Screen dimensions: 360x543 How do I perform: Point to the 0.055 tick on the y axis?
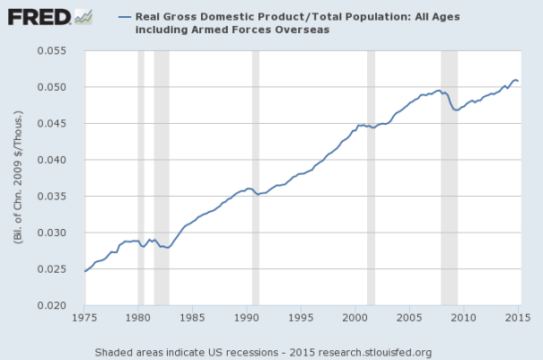tap(57, 50)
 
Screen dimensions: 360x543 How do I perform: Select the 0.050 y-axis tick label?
tap(57, 87)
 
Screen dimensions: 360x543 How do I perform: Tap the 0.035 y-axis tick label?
tap(57, 197)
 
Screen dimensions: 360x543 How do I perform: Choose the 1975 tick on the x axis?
tap(84, 318)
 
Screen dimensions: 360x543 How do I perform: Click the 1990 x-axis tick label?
tap(247, 318)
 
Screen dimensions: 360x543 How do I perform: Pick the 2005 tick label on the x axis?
tap(409, 318)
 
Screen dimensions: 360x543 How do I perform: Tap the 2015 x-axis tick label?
tap(518, 318)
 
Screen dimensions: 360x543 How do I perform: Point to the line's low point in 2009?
tap(457, 110)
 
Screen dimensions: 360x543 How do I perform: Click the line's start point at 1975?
tap(84, 271)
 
